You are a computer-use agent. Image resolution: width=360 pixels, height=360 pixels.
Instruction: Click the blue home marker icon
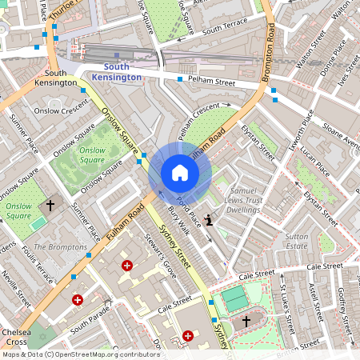click(x=180, y=173)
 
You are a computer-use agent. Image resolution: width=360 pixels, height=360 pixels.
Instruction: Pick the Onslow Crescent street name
click(x=59, y=110)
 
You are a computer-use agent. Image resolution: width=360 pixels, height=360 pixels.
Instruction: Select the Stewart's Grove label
click(x=158, y=254)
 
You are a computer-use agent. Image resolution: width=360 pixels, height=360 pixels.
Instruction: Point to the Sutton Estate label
click(x=296, y=242)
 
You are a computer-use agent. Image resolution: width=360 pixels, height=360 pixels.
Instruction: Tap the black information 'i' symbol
click(x=210, y=220)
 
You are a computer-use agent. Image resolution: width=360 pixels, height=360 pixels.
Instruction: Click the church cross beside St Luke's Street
click(x=246, y=321)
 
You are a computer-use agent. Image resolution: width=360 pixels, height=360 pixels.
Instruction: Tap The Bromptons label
click(x=60, y=247)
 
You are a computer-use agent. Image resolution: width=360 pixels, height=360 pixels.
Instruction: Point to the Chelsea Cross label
click(x=17, y=337)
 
